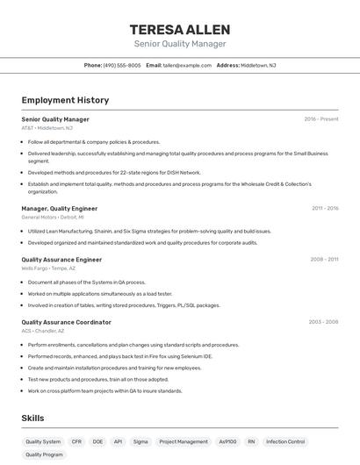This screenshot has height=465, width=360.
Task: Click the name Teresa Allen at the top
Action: [x=179, y=29]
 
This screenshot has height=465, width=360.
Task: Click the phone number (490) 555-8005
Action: [x=122, y=65]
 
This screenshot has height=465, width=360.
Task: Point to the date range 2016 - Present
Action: [x=321, y=119]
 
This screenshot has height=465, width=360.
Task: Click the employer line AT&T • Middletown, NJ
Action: [x=47, y=128]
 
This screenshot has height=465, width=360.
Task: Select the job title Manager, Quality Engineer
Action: [x=59, y=208]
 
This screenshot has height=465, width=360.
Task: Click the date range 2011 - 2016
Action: [x=325, y=208]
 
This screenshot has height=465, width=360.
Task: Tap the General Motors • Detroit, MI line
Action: [x=53, y=217]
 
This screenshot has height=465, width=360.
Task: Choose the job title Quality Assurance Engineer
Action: [x=61, y=260]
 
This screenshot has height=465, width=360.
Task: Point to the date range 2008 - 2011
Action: [x=324, y=260]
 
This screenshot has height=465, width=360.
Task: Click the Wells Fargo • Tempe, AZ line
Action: [x=48, y=268]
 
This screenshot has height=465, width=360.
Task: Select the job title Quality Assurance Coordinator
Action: [x=66, y=322]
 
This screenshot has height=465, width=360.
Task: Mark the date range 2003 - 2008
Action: [x=323, y=322]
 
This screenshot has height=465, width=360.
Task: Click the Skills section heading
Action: [x=32, y=418]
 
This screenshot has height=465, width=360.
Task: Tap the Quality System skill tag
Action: [x=43, y=441]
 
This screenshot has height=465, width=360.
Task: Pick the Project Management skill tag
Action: [x=184, y=441]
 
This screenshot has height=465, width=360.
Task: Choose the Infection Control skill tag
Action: [x=285, y=441]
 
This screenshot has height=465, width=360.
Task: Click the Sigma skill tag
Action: [x=140, y=441]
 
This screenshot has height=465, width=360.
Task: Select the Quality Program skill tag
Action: [x=45, y=455]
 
